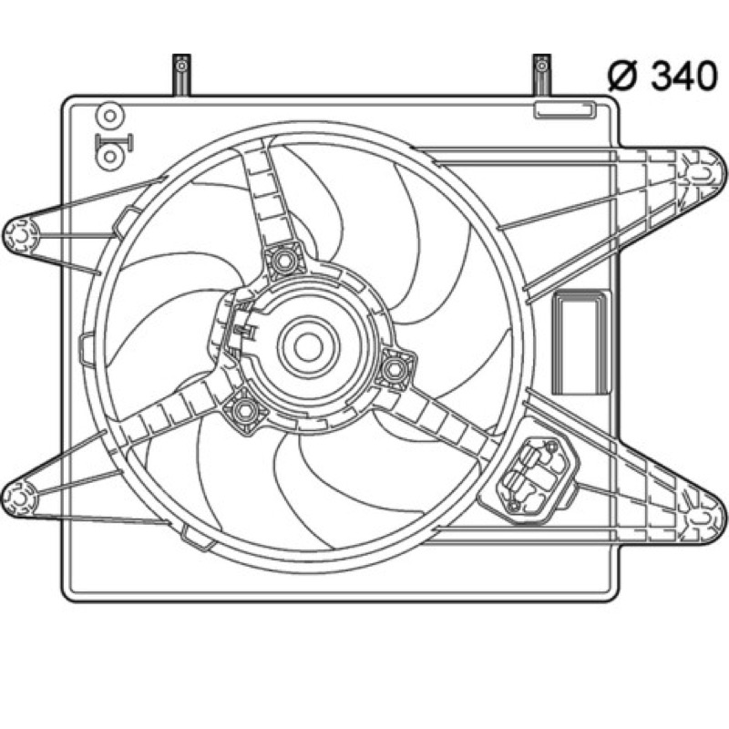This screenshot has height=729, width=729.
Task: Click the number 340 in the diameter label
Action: coord(683,76)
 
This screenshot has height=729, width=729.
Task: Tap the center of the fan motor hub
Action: coord(308,347)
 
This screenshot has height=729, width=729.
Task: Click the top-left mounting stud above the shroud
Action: coord(181,75)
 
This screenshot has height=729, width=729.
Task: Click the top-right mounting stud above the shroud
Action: coord(541,75)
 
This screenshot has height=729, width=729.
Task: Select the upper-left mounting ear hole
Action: coord(21,237)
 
